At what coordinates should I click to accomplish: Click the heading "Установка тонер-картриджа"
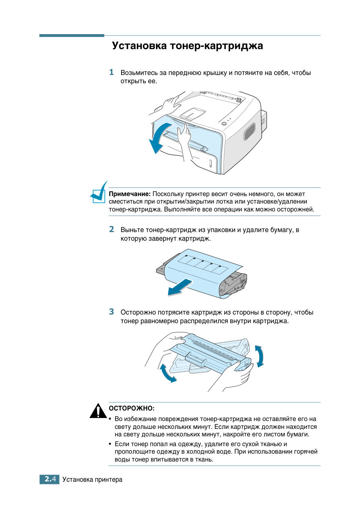point(187,46)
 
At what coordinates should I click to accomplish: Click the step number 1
point(111,72)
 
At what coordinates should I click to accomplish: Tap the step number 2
point(111,229)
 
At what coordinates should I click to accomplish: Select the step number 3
point(111,312)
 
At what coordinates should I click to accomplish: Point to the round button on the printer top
point(224,123)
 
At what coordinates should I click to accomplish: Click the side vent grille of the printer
point(249,131)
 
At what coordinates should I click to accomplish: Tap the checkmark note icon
point(99,193)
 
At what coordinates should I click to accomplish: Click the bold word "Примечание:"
point(129,194)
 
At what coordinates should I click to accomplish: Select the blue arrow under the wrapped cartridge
point(180,287)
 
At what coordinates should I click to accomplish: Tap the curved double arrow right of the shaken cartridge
point(259,356)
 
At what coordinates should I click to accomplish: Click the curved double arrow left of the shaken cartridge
point(167,373)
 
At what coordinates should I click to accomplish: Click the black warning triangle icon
point(98,411)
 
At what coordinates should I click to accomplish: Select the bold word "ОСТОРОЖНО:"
point(132,408)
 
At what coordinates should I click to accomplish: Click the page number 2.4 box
point(49,479)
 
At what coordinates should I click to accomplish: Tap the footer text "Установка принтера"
point(92,480)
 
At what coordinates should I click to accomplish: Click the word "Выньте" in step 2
point(132,230)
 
